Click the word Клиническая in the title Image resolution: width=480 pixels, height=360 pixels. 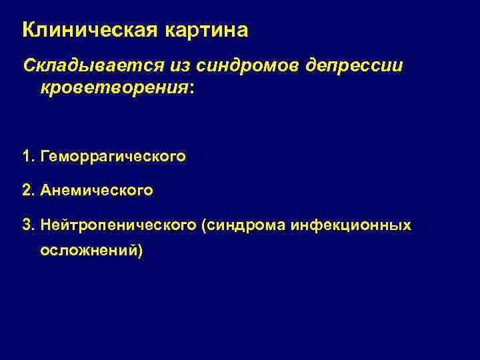[x=86, y=31]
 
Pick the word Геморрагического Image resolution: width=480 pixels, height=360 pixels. [x=113, y=157]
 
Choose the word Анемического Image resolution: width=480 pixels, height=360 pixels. [x=97, y=191]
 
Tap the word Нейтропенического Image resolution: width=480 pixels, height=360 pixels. [x=117, y=226]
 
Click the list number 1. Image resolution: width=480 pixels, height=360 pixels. [x=26, y=157]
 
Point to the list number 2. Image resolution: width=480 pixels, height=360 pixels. [x=26, y=191]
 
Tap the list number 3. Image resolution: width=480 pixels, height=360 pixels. [x=26, y=226]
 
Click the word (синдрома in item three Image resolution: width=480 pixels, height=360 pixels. [x=243, y=226]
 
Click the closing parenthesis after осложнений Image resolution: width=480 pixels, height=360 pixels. [x=140, y=251]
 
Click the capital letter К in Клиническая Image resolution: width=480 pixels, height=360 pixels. [x=29, y=31]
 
